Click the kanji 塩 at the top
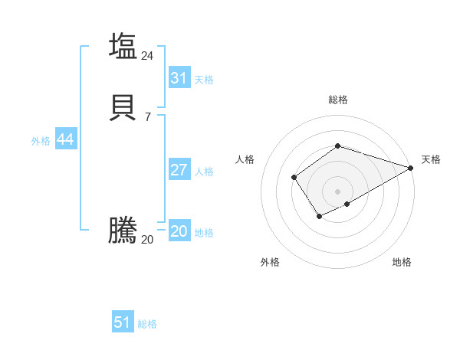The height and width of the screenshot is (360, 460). click(x=123, y=45)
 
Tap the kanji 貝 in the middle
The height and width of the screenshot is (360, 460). click(x=123, y=107)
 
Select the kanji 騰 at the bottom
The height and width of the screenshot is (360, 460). click(x=123, y=231)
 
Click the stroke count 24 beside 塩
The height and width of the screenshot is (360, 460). click(x=147, y=56)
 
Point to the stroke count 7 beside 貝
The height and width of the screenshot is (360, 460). click(x=147, y=117)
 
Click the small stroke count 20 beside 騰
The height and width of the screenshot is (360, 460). click(x=147, y=240)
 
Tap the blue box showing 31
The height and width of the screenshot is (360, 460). click(x=179, y=78)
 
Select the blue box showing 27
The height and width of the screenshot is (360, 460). click(x=179, y=170)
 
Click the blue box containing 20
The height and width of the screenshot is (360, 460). click(x=179, y=232)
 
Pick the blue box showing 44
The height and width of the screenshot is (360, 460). click(x=65, y=139)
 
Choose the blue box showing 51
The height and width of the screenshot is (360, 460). click(x=123, y=322)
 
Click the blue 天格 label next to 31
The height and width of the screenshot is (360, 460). click(x=204, y=80)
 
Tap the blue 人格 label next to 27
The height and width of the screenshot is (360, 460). click(x=204, y=172)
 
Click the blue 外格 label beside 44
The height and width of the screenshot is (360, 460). click(x=41, y=141)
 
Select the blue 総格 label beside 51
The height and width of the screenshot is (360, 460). click(x=147, y=324)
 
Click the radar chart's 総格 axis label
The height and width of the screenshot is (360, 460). click(x=337, y=100)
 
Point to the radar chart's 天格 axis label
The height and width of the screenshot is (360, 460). click(x=431, y=159)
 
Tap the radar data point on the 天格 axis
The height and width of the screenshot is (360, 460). click(x=411, y=169)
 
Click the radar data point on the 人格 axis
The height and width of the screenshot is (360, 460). click(x=294, y=178)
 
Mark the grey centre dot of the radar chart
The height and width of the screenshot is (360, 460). click(x=337, y=191)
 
